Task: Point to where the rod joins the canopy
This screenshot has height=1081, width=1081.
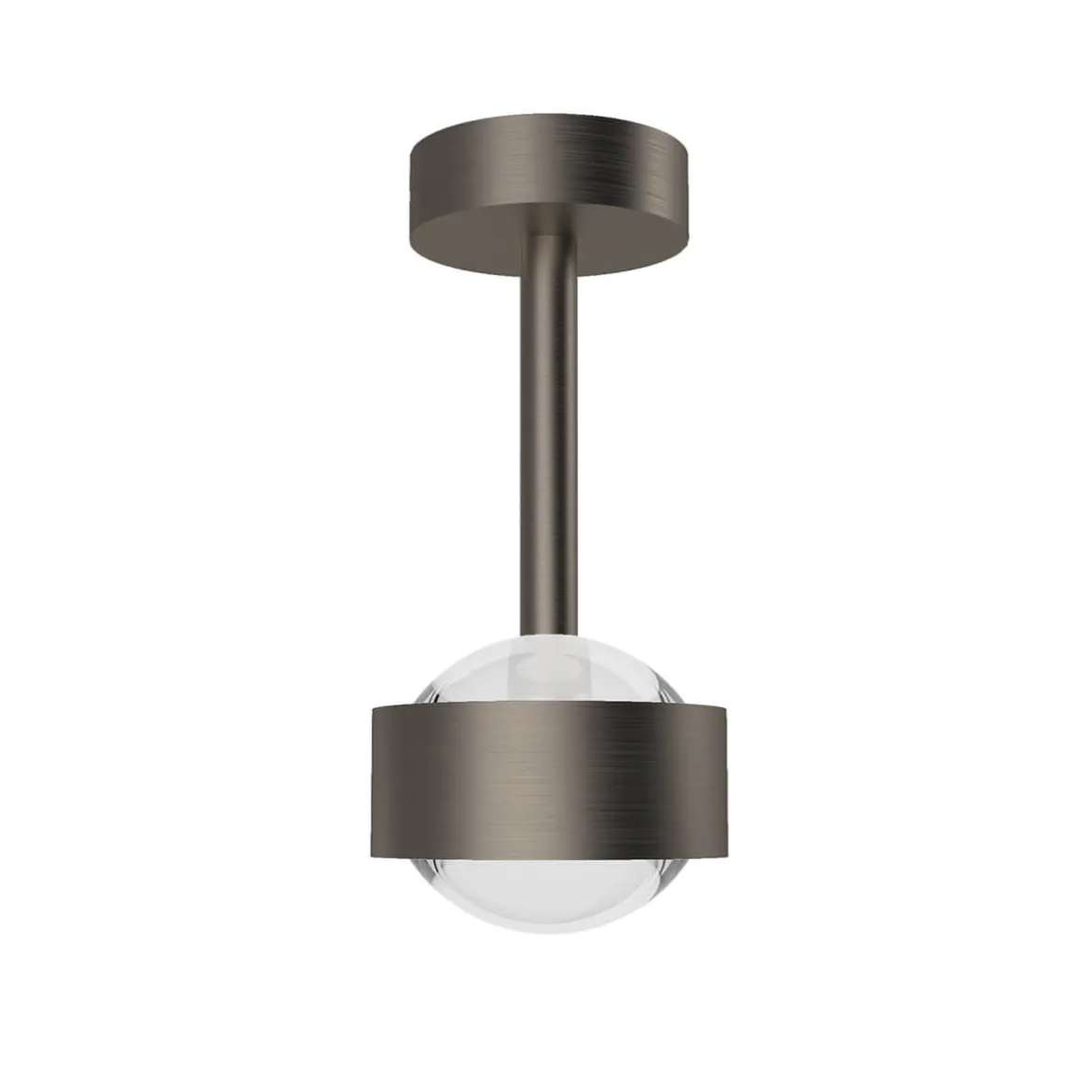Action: [550, 240]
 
